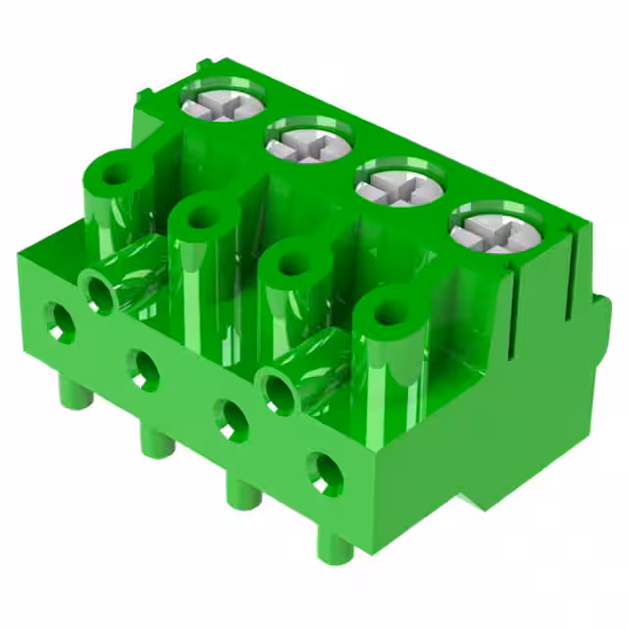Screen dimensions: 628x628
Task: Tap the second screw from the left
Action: coord(308,143)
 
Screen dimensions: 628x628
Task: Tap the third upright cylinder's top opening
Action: coord(292,263)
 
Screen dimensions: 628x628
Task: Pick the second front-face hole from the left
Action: coord(144,368)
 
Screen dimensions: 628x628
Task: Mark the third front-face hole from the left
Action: coord(232,420)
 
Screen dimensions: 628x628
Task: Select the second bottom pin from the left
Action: coord(155,442)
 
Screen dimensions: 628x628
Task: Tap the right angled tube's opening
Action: coord(278,391)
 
